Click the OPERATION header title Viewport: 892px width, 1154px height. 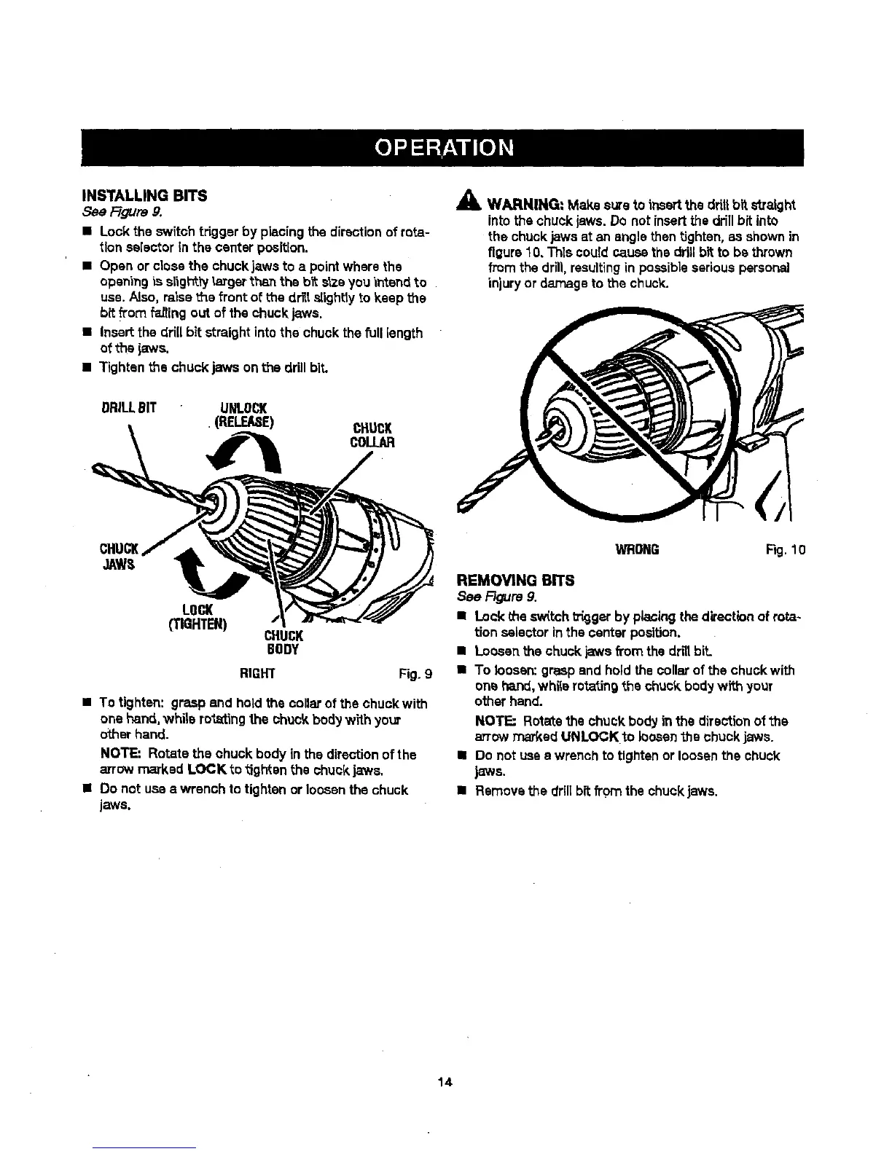pos(445,147)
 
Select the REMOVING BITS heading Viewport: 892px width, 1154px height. pos(515,580)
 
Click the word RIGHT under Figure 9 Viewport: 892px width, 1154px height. pos(257,673)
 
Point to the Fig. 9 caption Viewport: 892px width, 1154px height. pos(416,673)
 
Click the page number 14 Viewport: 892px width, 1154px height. pos(445,1081)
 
